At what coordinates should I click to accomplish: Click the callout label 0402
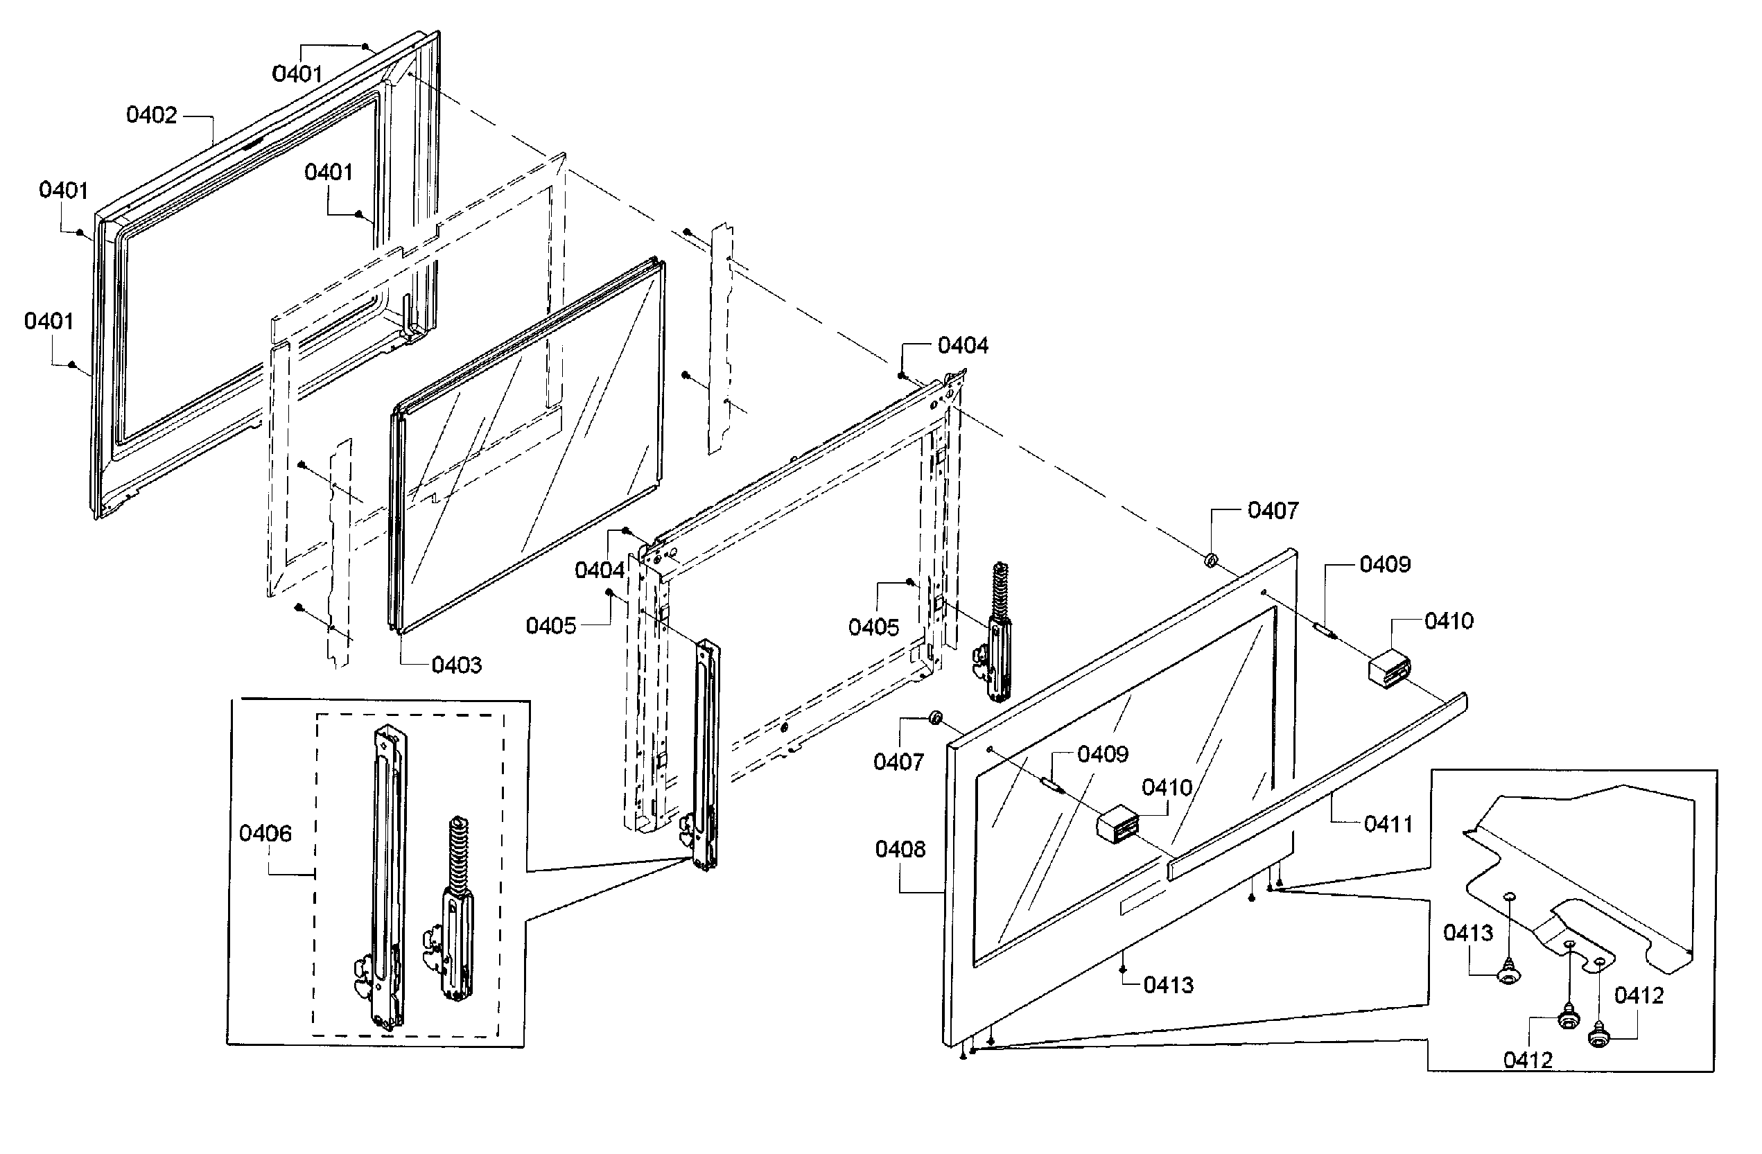pyautogui.click(x=152, y=116)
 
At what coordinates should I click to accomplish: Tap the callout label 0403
pyautogui.click(x=456, y=665)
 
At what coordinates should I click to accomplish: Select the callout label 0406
pyautogui.click(x=265, y=834)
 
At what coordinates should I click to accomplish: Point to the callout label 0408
pyautogui.click(x=900, y=849)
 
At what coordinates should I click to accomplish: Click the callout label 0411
pyautogui.click(x=1388, y=824)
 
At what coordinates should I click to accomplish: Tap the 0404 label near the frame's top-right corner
pyautogui.click(x=962, y=346)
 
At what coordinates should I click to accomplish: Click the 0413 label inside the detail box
pyautogui.click(x=1468, y=933)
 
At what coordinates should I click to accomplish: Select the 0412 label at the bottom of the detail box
pyautogui.click(x=1527, y=1060)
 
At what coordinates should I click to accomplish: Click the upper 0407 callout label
pyautogui.click(x=1273, y=511)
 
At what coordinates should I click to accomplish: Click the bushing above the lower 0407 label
pyautogui.click(x=935, y=717)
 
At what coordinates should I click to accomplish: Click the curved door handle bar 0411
pyautogui.click(x=1318, y=785)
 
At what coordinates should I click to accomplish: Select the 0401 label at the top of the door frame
pyautogui.click(x=297, y=74)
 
